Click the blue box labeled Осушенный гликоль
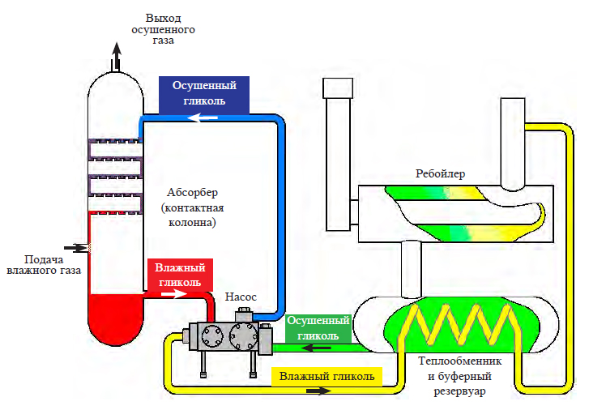[204, 95]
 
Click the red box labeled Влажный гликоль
[180, 275]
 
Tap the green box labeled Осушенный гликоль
[318, 328]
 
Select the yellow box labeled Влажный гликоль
[326, 377]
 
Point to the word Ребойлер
[440, 174]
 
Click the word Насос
[241, 297]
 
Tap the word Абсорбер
[192, 192]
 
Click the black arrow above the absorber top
[117, 57]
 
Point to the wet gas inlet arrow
[76, 248]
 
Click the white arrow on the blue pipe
[203, 117]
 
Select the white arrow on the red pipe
[174, 294]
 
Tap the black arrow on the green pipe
[316, 348]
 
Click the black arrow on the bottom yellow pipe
[319, 391]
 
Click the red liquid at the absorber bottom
[116, 317]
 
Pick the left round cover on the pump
[212, 335]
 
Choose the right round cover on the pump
[244, 335]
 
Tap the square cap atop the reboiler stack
[338, 88]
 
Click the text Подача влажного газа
[44, 265]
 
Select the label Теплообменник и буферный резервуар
[459, 376]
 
